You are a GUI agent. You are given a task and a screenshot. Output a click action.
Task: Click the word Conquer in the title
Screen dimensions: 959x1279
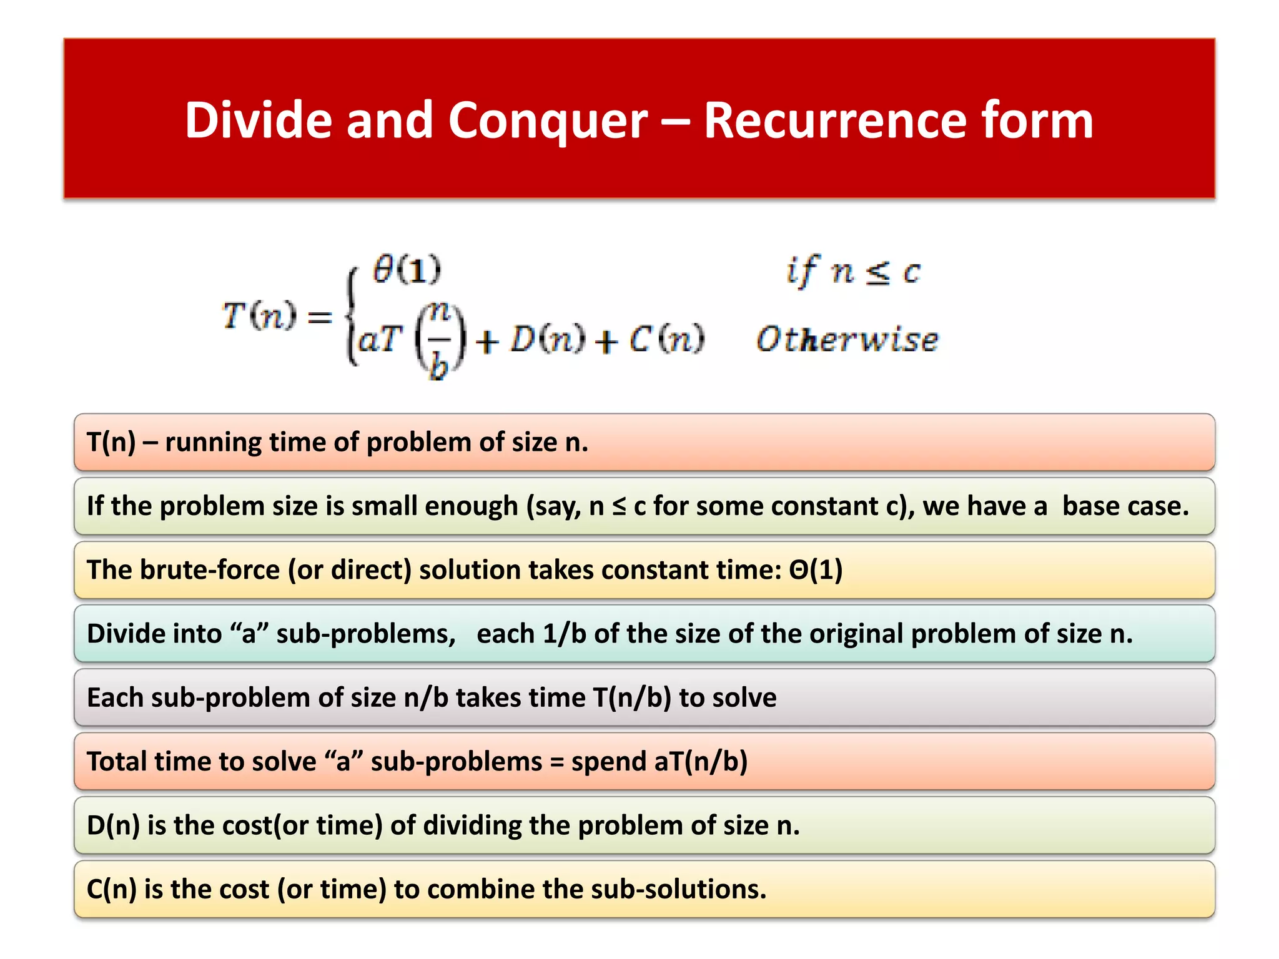(x=548, y=120)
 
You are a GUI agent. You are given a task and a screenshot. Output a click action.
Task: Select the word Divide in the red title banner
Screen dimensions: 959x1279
(x=258, y=120)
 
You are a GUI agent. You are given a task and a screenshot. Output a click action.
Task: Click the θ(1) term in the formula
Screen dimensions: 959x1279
(x=407, y=270)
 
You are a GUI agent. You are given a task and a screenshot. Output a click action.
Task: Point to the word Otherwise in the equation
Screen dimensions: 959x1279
(x=847, y=340)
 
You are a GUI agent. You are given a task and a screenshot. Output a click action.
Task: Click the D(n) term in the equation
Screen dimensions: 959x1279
(x=548, y=340)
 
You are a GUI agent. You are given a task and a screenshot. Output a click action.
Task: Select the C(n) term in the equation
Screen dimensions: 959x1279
(x=666, y=340)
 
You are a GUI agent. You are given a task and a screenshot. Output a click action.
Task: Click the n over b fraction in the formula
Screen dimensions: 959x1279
(x=440, y=340)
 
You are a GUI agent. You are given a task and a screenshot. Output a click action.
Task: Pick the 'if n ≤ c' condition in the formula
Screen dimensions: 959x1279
(x=852, y=272)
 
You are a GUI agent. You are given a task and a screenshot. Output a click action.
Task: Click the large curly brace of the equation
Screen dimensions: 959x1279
(x=352, y=316)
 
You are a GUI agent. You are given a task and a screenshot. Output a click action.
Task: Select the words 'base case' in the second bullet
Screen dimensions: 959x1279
(x=1125, y=506)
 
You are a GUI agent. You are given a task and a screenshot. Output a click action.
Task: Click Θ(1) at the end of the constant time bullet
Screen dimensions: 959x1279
(x=816, y=570)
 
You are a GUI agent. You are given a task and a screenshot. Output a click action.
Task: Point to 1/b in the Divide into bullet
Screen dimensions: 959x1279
(x=564, y=634)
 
